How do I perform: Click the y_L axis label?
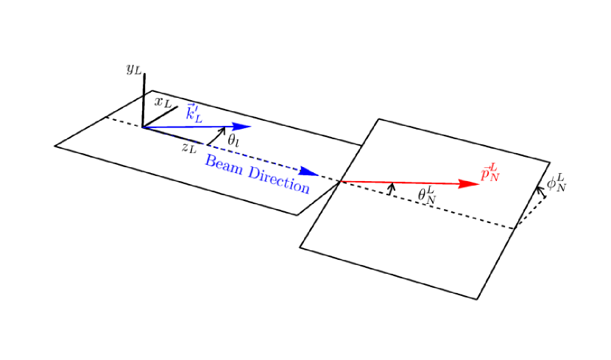133,70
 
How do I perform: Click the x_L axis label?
163,102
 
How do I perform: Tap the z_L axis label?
189,148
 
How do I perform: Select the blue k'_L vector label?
194,113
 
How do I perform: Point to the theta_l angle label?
233,140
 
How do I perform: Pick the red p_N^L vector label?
490,172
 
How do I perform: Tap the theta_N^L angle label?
427,195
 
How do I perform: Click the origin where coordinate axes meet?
144,127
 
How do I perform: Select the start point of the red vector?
340,181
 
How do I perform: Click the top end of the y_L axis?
144,74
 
